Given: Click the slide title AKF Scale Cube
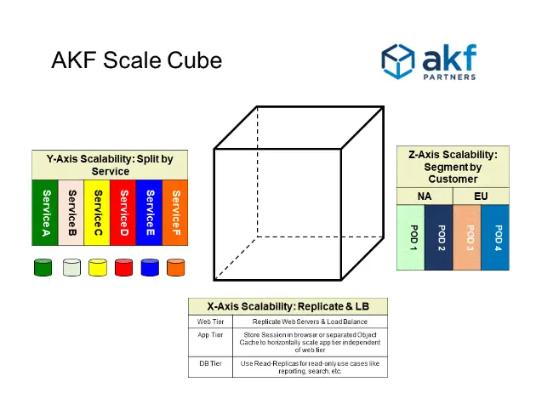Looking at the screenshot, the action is (136, 60).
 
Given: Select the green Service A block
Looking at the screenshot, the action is (44, 213).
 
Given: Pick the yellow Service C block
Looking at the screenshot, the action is (97, 213).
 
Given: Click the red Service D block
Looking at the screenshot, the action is (123, 213).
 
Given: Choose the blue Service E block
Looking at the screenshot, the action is (149, 213).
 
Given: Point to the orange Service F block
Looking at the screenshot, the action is (174, 213).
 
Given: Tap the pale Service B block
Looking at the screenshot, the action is (71, 213).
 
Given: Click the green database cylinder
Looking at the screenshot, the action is (43, 267).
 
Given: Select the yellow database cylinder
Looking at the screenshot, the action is (97, 267).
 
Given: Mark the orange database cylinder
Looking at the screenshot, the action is (175, 267).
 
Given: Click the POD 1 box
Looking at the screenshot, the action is (411, 238).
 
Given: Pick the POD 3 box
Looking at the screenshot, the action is (467, 238).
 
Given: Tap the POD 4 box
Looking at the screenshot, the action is (497, 238).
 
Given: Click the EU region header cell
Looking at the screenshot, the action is (482, 196).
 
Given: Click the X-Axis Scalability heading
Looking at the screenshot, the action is (287, 306).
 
